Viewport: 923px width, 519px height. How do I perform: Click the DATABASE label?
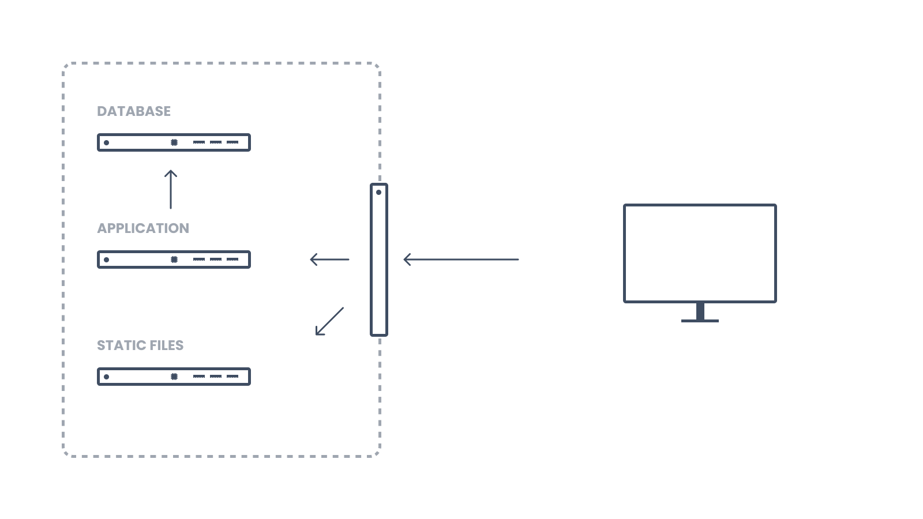[133, 111]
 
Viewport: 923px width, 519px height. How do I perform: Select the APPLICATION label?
[143, 228]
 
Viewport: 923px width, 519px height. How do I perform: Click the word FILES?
[167, 345]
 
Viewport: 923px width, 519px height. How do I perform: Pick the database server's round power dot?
[106, 142]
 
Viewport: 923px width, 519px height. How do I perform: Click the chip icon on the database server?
[174, 142]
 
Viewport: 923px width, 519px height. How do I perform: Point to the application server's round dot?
[106, 259]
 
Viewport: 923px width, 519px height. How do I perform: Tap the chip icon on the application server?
[174, 259]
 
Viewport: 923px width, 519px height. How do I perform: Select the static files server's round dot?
[106, 377]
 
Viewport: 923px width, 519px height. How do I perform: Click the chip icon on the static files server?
[174, 377]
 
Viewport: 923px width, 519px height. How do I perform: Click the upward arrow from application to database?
[171, 190]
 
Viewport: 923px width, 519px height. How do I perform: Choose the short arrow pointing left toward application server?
[329, 259]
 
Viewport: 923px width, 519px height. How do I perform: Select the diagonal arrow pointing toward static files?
[329, 321]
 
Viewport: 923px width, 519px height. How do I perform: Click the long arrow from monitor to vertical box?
[461, 259]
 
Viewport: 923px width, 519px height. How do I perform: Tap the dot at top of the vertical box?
[378, 193]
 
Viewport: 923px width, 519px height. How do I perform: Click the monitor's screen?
[700, 253]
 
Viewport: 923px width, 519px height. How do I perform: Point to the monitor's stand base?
[700, 321]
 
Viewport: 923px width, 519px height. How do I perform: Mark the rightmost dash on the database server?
[232, 142]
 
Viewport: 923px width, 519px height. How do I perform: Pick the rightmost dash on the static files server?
[232, 377]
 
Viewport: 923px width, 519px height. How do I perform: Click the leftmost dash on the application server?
[199, 259]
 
